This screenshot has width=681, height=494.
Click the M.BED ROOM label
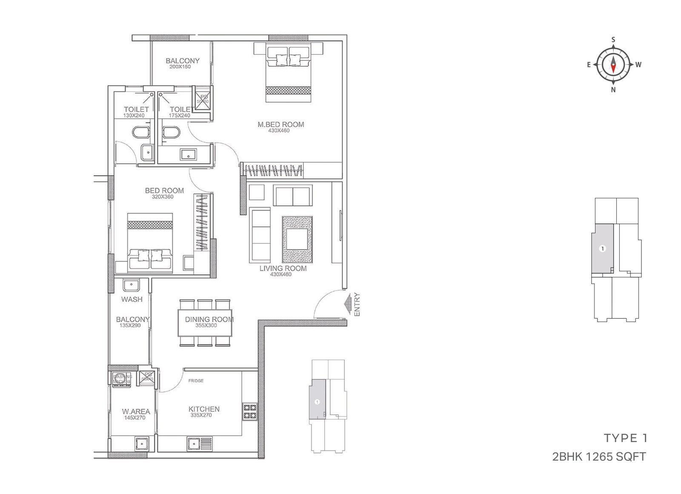(280, 124)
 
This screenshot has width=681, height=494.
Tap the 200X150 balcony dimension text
(180, 67)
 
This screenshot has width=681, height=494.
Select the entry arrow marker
(348, 303)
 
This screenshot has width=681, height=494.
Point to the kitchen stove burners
(249, 411)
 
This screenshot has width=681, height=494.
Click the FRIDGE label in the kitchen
(196, 381)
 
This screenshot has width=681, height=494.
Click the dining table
(205, 323)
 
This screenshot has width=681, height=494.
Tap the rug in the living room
(297, 240)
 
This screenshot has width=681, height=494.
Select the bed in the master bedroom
(288, 72)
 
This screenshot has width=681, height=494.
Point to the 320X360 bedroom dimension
(163, 197)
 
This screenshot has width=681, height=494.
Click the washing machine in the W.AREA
(121, 378)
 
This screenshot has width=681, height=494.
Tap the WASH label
(132, 299)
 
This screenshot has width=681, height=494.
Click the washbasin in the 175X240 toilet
(188, 154)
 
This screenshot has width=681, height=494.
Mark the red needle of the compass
(613, 67)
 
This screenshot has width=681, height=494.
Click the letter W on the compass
(638, 65)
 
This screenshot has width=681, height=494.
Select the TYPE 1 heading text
(625, 438)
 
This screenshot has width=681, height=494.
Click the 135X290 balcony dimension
(130, 326)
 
